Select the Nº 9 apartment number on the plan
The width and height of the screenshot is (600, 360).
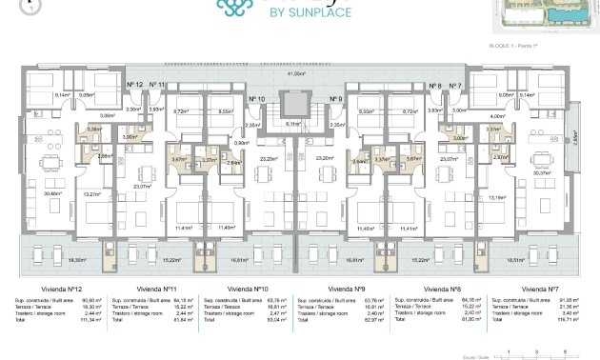335,99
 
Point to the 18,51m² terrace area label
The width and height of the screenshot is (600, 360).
515,259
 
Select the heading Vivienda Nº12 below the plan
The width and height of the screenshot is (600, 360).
61,288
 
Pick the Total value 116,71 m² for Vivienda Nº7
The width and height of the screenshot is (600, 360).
569,321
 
